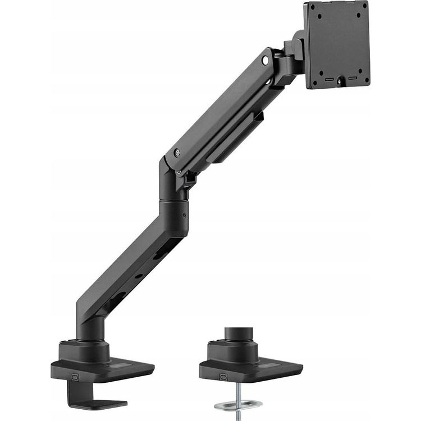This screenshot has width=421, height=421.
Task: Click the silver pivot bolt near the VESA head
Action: (265, 59)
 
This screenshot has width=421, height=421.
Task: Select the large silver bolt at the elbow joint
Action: (177, 152)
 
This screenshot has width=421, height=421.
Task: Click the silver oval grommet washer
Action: (238, 404)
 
